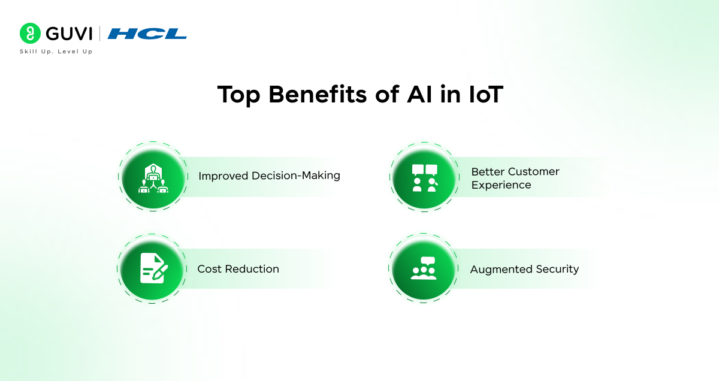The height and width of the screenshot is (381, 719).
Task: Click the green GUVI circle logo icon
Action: [30, 33]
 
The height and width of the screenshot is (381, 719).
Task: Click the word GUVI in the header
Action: [69, 34]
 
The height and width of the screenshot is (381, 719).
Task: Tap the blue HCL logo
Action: [147, 34]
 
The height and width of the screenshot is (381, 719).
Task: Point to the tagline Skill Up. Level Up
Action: [56, 52]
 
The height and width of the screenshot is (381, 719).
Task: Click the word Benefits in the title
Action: [318, 95]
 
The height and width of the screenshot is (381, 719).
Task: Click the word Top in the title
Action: [238, 95]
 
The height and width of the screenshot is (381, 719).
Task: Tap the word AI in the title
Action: [419, 95]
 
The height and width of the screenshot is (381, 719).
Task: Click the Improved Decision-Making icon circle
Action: [153, 177]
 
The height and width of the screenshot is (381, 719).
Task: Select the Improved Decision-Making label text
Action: [269, 176]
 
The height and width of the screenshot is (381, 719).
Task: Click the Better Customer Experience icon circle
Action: [424, 177]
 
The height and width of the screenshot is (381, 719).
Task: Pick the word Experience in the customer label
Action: [501, 185]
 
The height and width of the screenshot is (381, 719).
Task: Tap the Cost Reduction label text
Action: [238, 269]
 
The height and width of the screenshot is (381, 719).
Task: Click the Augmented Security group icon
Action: [424, 268]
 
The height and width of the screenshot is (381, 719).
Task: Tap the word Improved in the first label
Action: [223, 176]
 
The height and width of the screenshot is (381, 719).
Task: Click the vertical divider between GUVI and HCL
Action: [99, 34]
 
